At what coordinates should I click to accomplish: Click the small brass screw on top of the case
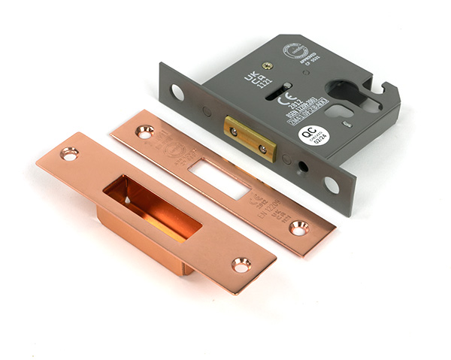coord(264,66)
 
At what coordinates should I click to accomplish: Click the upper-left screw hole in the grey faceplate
coord(177,92)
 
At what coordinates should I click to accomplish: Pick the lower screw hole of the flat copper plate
coord(299,227)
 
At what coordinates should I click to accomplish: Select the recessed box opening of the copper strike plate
coord(152,206)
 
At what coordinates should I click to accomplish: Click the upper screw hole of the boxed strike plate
coord(69,154)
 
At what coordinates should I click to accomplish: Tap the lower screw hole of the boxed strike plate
coord(241,265)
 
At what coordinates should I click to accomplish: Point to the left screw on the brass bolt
coord(234,132)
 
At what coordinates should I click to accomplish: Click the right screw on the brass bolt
coord(262,148)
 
